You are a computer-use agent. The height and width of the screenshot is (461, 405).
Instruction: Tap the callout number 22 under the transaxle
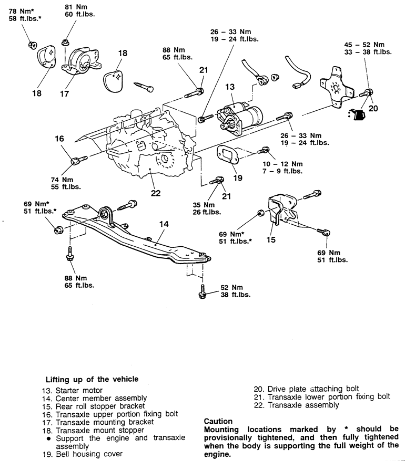[156, 193]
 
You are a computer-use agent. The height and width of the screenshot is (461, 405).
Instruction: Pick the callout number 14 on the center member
[164, 224]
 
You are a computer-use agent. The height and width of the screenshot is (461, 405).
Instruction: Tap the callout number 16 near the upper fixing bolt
[59, 139]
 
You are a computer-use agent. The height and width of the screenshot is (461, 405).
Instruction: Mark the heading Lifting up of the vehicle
[92, 379]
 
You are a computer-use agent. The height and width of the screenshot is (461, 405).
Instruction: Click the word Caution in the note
[218, 421]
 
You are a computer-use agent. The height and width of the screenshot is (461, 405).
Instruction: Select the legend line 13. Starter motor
[74, 391]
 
